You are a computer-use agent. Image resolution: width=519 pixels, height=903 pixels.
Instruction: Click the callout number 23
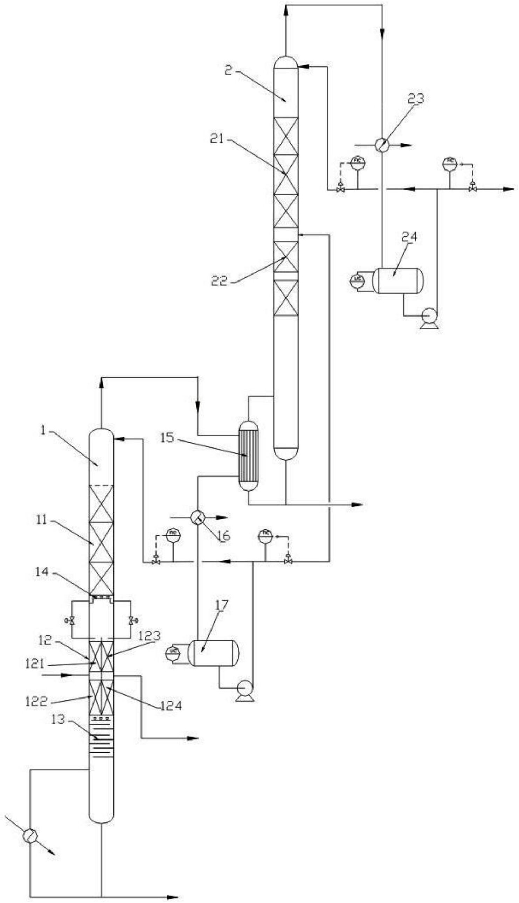416,99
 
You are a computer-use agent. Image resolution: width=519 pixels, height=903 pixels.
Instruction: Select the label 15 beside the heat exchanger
167,438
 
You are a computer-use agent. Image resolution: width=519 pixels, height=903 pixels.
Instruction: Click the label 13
58,720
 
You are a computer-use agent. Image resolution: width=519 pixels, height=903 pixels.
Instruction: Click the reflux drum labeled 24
398,281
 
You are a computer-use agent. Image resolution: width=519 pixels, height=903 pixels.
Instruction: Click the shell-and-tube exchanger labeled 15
248,456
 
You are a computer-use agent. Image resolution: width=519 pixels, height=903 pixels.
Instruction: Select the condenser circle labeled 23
381,145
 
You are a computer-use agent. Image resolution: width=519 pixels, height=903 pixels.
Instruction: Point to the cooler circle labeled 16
197,516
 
